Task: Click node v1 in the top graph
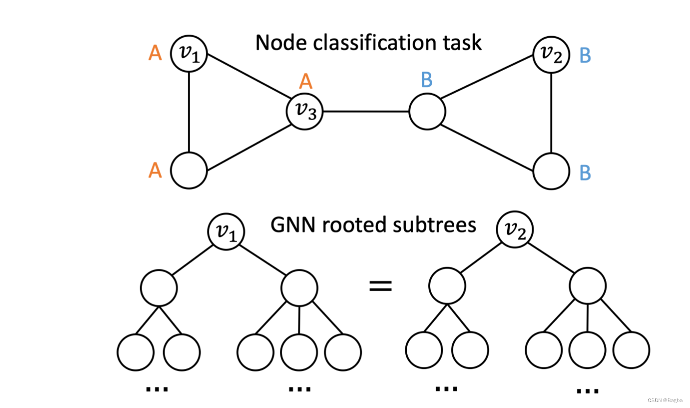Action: coord(189,53)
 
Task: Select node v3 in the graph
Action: coord(304,112)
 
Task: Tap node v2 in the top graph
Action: coord(551,55)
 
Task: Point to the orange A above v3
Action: coord(305,81)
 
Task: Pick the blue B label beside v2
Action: coord(585,55)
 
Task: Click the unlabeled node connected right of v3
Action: coord(427,112)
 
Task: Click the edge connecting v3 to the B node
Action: coord(366,112)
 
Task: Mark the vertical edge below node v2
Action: coord(552,113)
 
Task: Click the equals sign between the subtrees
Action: coord(380,286)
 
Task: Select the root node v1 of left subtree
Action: coord(226,230)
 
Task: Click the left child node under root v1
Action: coord(159,287)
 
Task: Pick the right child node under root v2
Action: coord(588,286)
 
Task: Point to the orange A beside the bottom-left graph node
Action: coord(155,171)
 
